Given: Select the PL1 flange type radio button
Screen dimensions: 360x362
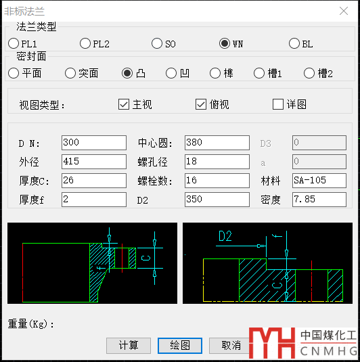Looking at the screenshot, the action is (14, 43).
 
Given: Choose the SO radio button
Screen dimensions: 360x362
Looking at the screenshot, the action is (157, 43).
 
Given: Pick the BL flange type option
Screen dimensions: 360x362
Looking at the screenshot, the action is (294, 43).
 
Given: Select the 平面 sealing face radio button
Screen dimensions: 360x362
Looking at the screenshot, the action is (14, 73).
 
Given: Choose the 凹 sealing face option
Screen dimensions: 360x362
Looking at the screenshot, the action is (171, 73).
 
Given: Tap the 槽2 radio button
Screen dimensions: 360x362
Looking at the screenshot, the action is (309, 73).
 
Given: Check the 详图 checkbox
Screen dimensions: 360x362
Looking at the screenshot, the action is (278, 104).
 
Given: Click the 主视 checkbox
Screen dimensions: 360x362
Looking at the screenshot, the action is (124, 104).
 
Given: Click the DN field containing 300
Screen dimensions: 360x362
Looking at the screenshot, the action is (94, 143).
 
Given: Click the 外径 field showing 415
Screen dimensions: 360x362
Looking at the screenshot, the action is (94, 162).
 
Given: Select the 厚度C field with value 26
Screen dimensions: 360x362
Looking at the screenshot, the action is (94, 181).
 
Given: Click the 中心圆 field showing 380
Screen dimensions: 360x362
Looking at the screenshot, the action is (217, 143).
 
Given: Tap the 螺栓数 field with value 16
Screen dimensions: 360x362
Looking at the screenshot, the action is (217, 181).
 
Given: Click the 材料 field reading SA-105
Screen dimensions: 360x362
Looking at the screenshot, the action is (319, 181).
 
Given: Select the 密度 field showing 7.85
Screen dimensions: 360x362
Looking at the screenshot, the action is (319, 200).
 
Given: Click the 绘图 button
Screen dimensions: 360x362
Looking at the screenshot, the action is (180, 346).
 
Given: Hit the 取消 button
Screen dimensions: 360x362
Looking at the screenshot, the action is (231, 346).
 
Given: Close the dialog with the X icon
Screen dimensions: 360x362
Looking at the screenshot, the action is (344, 11).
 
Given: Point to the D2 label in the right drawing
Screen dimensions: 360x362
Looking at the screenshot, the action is (225, 236).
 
